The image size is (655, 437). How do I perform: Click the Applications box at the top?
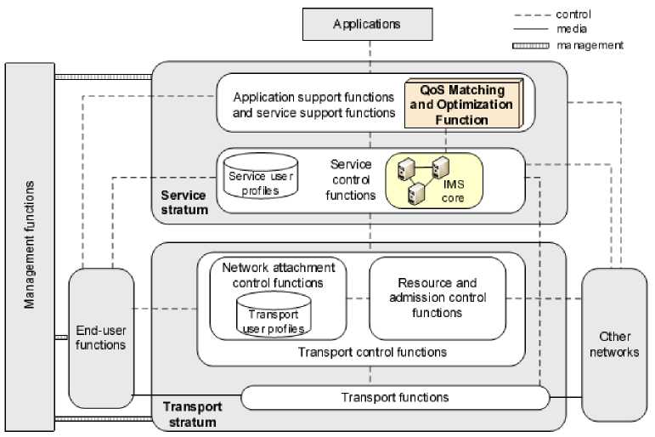pos(367,24)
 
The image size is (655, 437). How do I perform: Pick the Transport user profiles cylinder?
pos(273,315)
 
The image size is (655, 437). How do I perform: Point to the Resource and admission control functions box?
pos(438,298)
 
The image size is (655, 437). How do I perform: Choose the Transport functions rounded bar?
pos(395,397)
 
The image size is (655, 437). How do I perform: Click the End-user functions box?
pos(101,337)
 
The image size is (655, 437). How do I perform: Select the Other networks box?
pos(613,343)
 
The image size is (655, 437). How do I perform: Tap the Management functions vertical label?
pos(30,245)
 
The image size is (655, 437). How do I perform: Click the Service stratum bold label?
pos(184,201)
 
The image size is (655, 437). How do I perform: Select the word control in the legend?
pos(573,14)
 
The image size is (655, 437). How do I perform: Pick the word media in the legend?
pos(571,30)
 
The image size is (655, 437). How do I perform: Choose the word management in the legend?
pos(590,45)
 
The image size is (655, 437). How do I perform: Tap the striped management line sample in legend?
pos(530,45)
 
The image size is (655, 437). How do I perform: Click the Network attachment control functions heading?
pos(273,274)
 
